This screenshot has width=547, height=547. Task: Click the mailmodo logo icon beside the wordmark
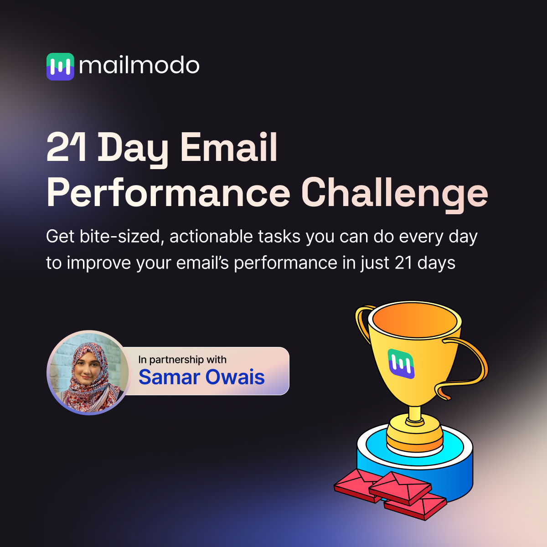pyautogui.click(x=60, y=67)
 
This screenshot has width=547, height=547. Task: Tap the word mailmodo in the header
pyautogui.click(x=139, y=66)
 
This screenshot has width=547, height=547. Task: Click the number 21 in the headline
pyautogui.click(x=67, y=148)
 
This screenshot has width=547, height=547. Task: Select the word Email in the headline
pyautogui.click(x=229, y=148)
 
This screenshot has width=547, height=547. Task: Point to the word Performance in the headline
pyautogui.click(x=169, y=193)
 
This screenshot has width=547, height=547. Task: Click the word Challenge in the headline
pyautogui.click(x=395, y=193)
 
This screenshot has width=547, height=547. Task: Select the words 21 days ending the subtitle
pyautogui.click(x=425, y=263)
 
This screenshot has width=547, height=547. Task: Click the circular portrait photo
pyautogui.click(x=88, y=372)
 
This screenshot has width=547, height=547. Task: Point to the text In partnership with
pyautogui.click(x=182, y=360)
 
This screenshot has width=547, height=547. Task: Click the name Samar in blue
pyautogui.click(x=170, y=377)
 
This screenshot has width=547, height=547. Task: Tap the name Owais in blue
pyautogui.click(x=235, y=377)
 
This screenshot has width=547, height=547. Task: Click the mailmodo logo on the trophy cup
pyautogui.click(x=401, y=364)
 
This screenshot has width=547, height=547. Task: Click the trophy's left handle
pyautogui.click(x=362, y=319)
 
